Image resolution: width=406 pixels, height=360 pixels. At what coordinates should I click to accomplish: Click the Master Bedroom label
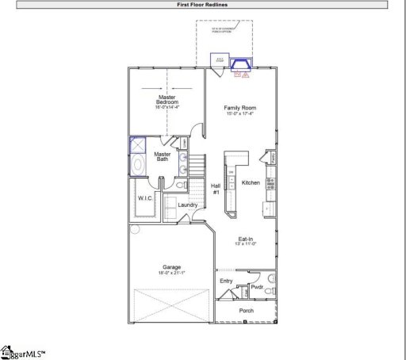(x=167, y=100)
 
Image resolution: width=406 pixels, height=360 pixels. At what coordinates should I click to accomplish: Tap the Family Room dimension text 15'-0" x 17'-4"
(x=240, y=114)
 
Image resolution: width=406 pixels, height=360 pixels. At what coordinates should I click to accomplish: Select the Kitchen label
(x=251, y=182)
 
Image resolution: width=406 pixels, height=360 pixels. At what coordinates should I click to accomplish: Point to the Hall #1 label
(x=215, y=189)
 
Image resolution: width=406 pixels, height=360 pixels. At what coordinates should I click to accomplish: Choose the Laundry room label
(x=187, y=205)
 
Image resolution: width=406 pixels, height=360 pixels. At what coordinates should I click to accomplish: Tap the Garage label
(x=171, y=266)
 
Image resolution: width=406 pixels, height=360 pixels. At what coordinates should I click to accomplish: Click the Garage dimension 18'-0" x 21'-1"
(x=171, y=273)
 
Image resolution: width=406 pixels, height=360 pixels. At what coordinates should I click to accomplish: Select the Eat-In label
(x=246, y=239)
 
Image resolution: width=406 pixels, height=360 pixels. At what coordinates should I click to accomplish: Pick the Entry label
(x=227, y=281)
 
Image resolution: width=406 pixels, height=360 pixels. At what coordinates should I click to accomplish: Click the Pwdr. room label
(x=256, y=287)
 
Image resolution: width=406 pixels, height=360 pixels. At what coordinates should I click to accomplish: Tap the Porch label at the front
(x=247, y=310)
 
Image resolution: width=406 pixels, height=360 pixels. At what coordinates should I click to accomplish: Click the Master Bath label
(x=163, y=157)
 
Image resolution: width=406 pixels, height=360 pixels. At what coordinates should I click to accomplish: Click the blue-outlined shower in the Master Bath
(x=138, y=145)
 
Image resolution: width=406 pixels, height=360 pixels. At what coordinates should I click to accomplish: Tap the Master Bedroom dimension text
(x=167, y=107)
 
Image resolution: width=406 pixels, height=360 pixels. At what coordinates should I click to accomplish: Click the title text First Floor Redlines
(x=203, y=5)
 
